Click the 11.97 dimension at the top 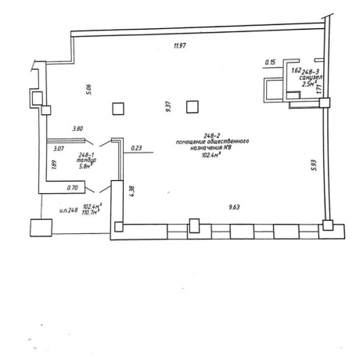tap(180, 46)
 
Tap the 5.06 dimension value tap(89, 89)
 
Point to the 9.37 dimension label tap(168, 106)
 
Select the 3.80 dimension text tap(77, 128)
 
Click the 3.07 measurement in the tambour tap(59, 149)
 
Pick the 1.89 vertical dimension tap(54, 164)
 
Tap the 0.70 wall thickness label tap(72, 188)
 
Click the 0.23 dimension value tap(136, 148)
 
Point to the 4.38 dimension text tap(131, 191)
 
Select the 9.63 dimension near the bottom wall tap(234, 207)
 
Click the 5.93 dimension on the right tap(314, 165)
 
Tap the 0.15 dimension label tap(270, 63)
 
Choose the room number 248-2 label tap(212, 135)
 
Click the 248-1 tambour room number tap(86, 155)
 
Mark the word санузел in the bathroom tap(311, 77)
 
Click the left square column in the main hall tap(118, 109)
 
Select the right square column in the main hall tap(193, 107)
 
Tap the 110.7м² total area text tap(92, 212)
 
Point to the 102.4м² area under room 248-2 tap(211, 156)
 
